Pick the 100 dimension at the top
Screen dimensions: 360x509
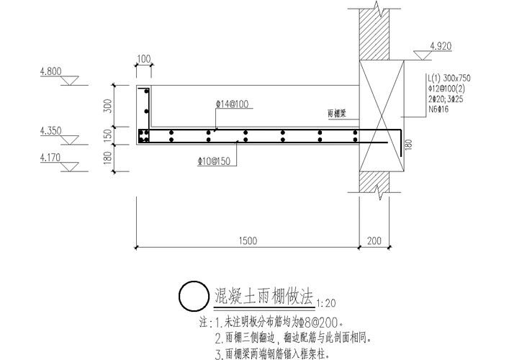144,58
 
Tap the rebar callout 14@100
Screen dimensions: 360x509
232,104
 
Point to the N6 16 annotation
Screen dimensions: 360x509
438,111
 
